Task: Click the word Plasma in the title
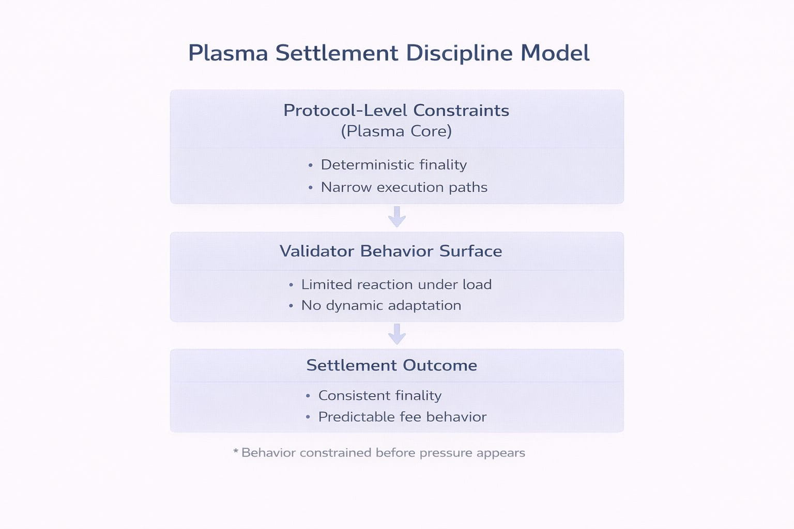pos(228,53)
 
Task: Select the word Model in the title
pos(555,53)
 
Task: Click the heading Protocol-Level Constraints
pos(396,110)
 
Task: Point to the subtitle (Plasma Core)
pos(396,131)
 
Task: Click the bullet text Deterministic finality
pos(393,165)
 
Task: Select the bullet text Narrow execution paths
pos(404,187)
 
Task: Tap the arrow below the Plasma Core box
pos(396,216)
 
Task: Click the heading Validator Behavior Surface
pos(391,251)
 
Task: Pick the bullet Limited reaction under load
pos(396,285)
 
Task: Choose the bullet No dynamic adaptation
pos(381,305)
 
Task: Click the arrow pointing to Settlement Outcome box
pos(396,334)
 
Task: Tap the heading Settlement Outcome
pos(391,365)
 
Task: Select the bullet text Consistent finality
pos(379,396)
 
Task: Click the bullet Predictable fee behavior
pos(402,417)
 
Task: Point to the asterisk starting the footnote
pos(236,452)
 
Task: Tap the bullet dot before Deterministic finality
pos(310,166)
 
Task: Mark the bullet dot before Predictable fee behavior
pos(308,417)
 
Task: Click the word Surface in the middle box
pos(470,251)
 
